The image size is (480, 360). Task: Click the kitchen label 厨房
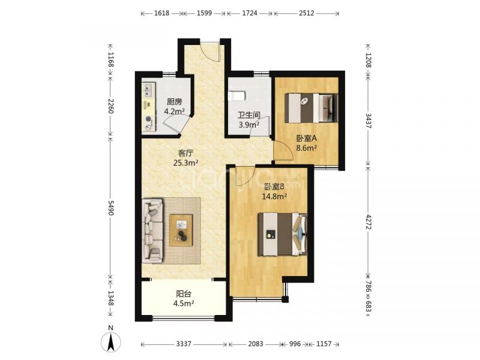(174, 102)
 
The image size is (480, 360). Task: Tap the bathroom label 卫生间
(249, 115)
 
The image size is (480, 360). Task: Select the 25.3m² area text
(186, 163)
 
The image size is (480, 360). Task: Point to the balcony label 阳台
(184, 294)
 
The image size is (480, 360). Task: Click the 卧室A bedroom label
(306, 139)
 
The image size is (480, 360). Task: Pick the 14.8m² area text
(274, 196)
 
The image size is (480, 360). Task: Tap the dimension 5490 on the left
(111, 208)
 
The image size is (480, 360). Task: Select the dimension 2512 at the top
(307, 13)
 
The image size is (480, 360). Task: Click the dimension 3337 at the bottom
(184, 344)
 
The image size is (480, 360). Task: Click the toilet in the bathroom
(237, 96)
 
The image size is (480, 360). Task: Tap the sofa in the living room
(152, 231)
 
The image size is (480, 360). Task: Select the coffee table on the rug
(181, 230)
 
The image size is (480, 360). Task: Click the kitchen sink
(149, 89)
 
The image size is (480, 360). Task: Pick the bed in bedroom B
(283, 234)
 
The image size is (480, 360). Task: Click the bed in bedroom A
(311, 108)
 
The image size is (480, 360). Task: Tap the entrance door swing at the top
(210, 51)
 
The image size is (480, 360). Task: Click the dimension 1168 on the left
(111, 59)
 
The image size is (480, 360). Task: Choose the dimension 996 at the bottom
(295, 344)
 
